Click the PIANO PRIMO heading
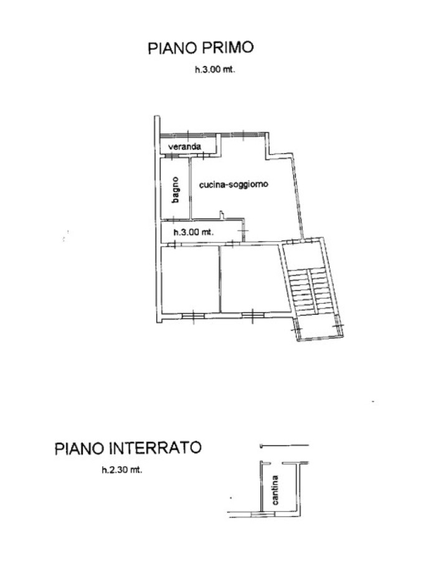201,47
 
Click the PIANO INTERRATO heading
128,448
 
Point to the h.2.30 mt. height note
122,470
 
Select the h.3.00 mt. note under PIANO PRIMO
215,70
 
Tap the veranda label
184,146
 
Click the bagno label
175,189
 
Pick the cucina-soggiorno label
234,185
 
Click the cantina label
275,489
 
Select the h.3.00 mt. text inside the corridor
193,233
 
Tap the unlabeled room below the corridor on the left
189,279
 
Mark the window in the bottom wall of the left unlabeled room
193,316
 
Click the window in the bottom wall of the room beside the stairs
253,315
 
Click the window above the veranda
188,135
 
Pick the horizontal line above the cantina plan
285,446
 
